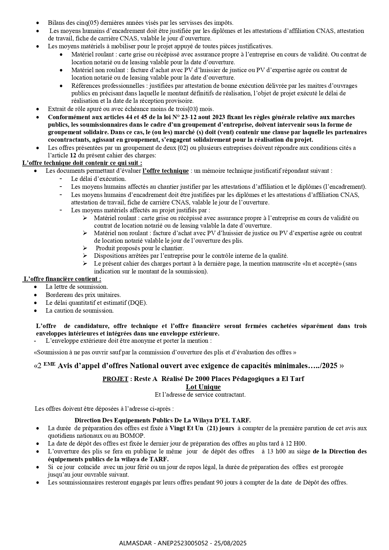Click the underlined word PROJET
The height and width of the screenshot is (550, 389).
pos(115,379)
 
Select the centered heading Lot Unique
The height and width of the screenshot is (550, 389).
pos(203,387)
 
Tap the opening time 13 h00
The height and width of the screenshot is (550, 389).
pos(274,452)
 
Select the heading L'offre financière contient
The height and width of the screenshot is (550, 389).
pos(62,279)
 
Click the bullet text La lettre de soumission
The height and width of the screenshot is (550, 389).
pos(77,287)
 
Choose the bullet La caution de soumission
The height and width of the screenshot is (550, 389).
pos(80,311)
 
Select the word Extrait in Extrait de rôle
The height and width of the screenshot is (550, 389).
pos(57,109)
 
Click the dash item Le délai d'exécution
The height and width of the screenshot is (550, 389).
pos(98,179)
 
